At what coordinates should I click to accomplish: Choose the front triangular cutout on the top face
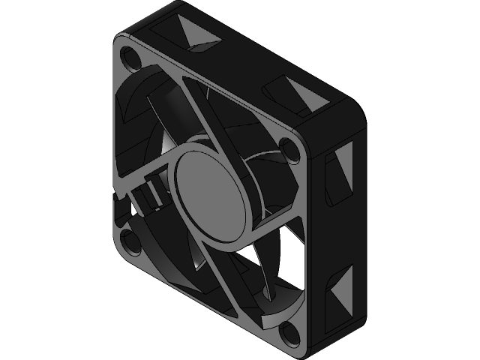pyautogui.click(x=303, y=95)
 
